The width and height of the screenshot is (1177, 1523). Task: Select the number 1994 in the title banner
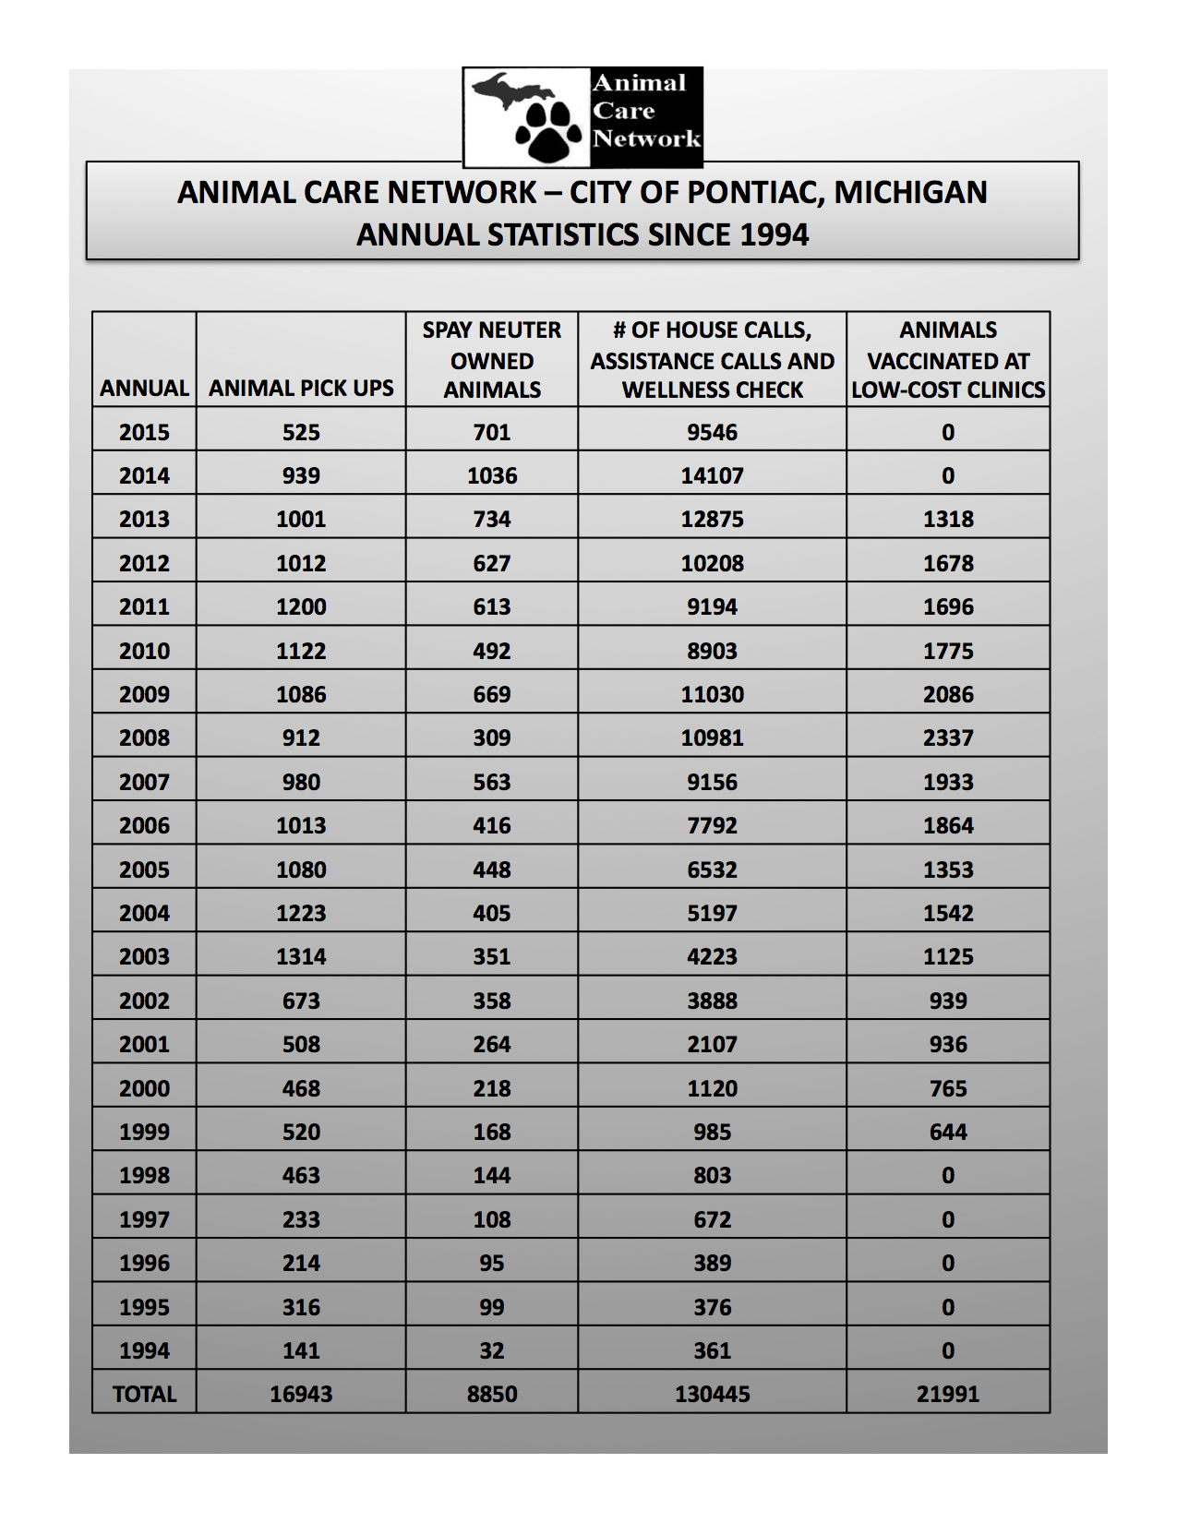[x=774, y=234]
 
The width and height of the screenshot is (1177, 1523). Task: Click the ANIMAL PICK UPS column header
[x=301, y=389]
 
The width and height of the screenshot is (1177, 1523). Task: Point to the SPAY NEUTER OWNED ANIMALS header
[x=492, y=360]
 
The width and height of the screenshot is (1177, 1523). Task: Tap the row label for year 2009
[x=144, y=694]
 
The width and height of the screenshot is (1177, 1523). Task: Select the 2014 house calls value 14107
[x=712, y=475]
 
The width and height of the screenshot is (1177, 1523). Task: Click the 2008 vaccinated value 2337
[x=948, y=738]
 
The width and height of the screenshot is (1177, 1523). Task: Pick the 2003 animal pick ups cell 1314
[x=301, y=956]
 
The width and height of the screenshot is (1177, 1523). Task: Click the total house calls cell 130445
[x=712, y=1394]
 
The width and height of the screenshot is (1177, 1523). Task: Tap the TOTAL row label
[x=144, y=1394]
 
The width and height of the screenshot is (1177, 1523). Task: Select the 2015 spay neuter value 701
[x=492, y=432]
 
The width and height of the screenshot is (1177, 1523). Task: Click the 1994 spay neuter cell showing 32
[x=492, y=1350]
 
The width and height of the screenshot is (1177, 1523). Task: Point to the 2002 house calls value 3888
[x=712, y=1001]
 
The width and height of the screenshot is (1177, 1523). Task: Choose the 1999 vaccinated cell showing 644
[x=948, y=1132]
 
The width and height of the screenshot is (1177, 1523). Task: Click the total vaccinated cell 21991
[x=948, y=1394]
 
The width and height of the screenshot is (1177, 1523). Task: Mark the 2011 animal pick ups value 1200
[x=301, y=606]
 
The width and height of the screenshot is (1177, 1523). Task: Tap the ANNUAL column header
[x=144, y=389]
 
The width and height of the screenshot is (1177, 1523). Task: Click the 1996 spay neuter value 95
[x=492, y=1263]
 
